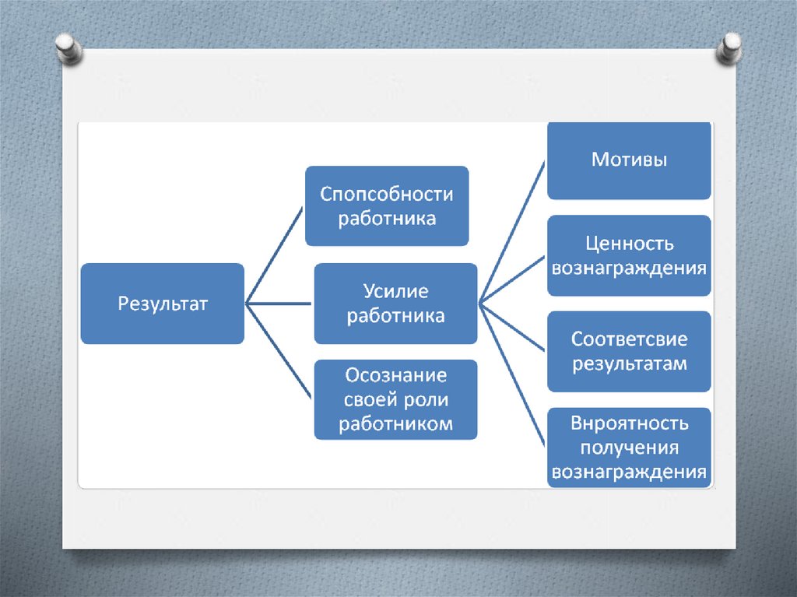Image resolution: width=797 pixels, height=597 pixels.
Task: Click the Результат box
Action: tap(162, 303)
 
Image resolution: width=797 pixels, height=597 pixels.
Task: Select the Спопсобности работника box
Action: tap(386, 205)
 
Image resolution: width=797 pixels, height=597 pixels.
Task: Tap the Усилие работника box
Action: tap(395, 303)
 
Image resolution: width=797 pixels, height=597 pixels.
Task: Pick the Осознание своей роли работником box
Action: tap(395, 399)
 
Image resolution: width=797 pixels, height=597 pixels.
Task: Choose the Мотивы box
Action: tap(629, 161)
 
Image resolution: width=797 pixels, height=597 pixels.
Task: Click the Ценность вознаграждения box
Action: tap(629, 256)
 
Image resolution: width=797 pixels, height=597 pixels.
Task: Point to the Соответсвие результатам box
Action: tap(629, 351)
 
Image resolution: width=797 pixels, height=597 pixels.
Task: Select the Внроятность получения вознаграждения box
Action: tap(629, 448)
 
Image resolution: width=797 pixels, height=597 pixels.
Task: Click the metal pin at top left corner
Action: tap(68, 47)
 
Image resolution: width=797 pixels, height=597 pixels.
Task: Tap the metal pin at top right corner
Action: tap(730, 48)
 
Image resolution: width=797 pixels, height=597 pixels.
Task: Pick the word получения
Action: tap(629, 448)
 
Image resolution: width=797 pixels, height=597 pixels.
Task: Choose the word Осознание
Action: tap(395, 376)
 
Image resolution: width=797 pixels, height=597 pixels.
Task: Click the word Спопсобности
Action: tap(386, 194)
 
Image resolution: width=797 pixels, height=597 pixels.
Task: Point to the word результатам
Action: tap(629, 363)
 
